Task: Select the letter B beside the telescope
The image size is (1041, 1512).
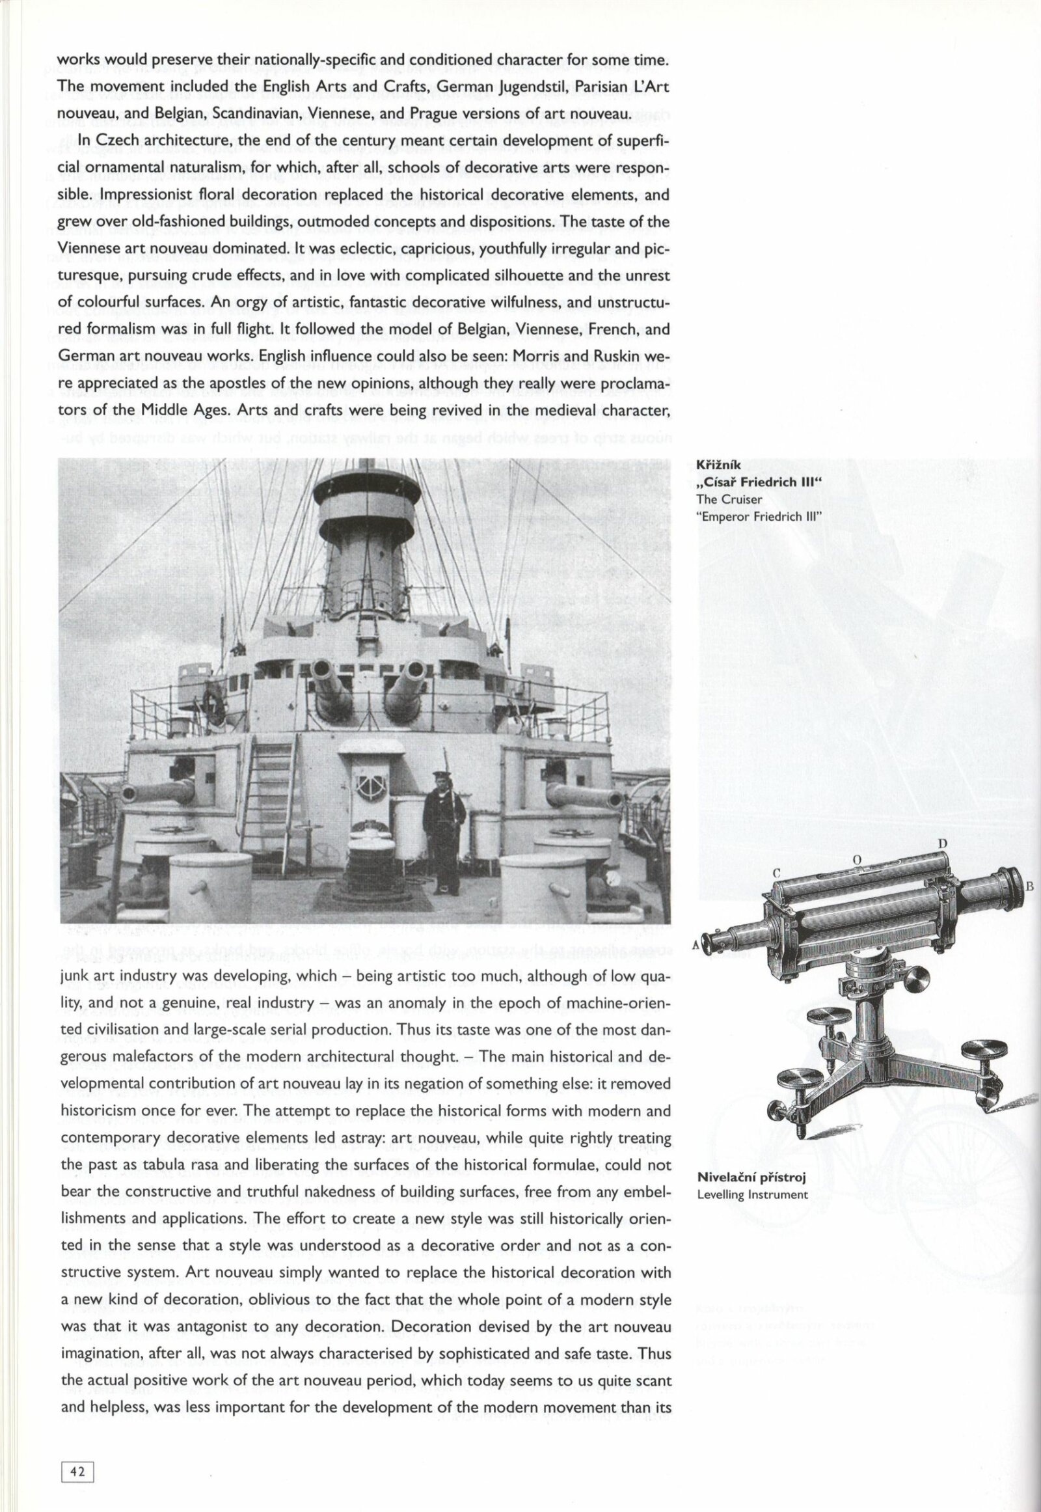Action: coord(1030,887)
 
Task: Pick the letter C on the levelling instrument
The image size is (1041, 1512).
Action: coord(777,872)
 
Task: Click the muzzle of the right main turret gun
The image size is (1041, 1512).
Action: coord(415,672)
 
